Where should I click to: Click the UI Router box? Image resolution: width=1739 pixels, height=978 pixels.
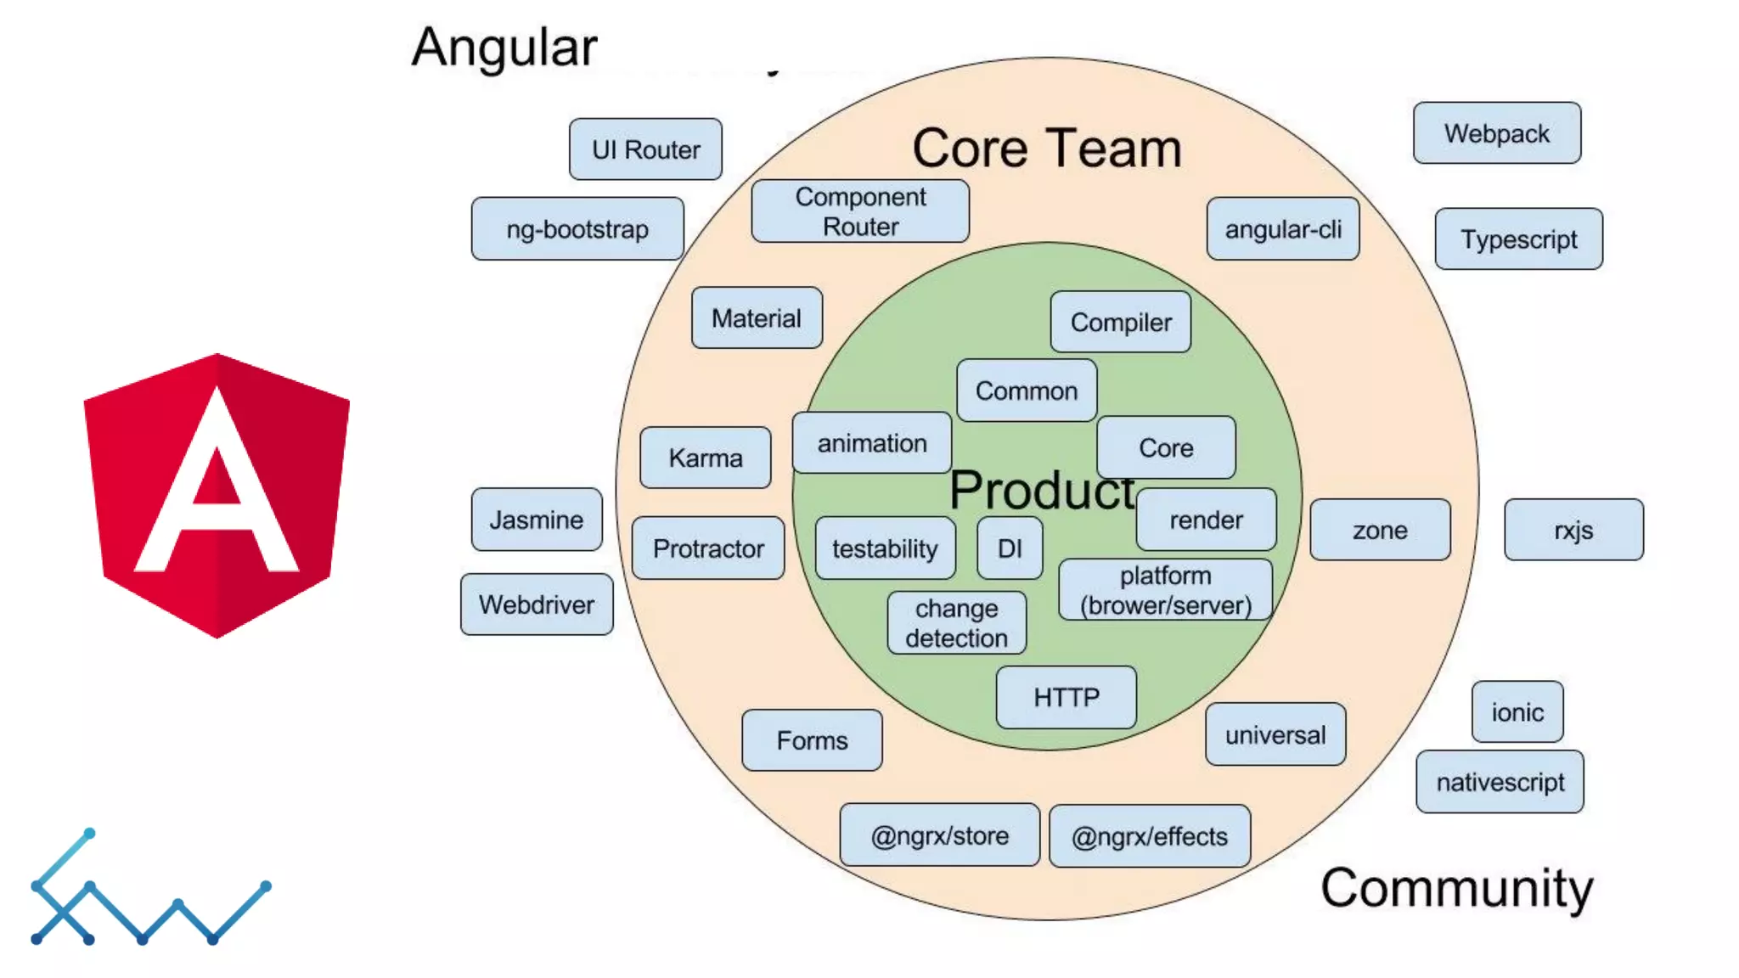click(645, 149)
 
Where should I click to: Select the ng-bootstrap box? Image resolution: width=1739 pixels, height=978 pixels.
click(577, 229)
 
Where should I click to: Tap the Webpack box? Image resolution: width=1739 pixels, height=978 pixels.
click(1497, 133)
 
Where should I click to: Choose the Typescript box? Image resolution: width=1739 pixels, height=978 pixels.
click(1519, 239)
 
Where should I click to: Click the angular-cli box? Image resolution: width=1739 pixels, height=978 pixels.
click(1283, 229)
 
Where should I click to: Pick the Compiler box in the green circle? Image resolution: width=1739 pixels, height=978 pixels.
click(1121, 323)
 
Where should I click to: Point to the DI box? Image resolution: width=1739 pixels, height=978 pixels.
click(1010, 548)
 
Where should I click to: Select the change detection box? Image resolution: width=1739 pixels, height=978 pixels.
click(957, 623)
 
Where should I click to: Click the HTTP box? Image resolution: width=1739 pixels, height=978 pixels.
click(1066, 697)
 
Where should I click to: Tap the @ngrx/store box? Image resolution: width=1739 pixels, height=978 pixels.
click(940, 836)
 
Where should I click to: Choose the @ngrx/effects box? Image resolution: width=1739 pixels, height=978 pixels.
click(1150, 837)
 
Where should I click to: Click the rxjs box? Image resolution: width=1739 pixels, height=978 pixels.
click(1573, 531)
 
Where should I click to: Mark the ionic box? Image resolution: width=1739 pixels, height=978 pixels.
click(1517, 712)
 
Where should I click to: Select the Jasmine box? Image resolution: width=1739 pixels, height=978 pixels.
click(537, 520)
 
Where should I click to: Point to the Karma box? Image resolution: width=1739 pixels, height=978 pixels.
click(706, 458)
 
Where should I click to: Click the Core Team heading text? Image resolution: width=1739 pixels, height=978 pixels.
click(1047, 149)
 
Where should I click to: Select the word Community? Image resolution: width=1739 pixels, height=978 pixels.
click(1457, 888)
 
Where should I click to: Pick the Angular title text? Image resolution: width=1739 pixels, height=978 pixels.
click(504, 47)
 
